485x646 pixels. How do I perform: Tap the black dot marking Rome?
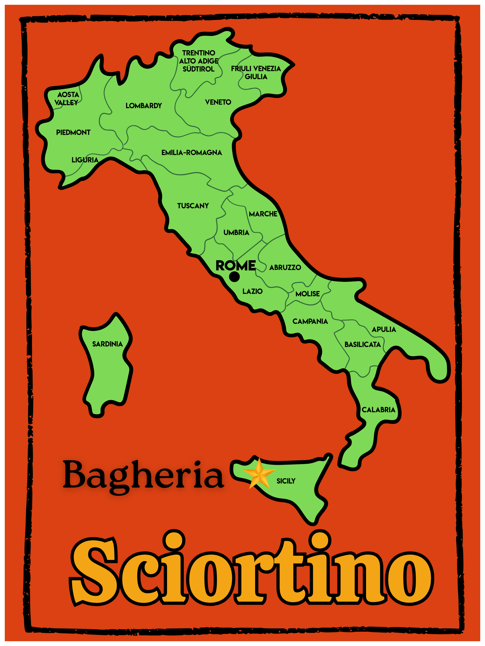[x=234, y=276]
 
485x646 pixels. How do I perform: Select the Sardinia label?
[x=107, y=344]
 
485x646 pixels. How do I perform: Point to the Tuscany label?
[x=193, y=206]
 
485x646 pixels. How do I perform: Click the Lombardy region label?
[x=143, y=106]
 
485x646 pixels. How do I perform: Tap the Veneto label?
[x=218, y=102]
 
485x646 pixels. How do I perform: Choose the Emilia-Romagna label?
[x=192, y=153]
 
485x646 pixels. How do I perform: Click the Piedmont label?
[x=73, y=133]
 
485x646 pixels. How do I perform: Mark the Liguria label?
[x=85, y=160]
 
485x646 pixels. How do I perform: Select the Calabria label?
[x=378, y=410]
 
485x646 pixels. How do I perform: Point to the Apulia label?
[x=384, y=329]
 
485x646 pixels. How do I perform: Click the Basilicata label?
[x=363, y=345]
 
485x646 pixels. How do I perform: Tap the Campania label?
[x=310, y=322]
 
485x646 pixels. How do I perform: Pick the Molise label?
[x=308, y=294]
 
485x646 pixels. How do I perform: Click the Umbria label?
[x=236, y=232]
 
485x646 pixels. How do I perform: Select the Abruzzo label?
[x=285, y=267]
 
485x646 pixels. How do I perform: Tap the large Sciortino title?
[x=251, y=569]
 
